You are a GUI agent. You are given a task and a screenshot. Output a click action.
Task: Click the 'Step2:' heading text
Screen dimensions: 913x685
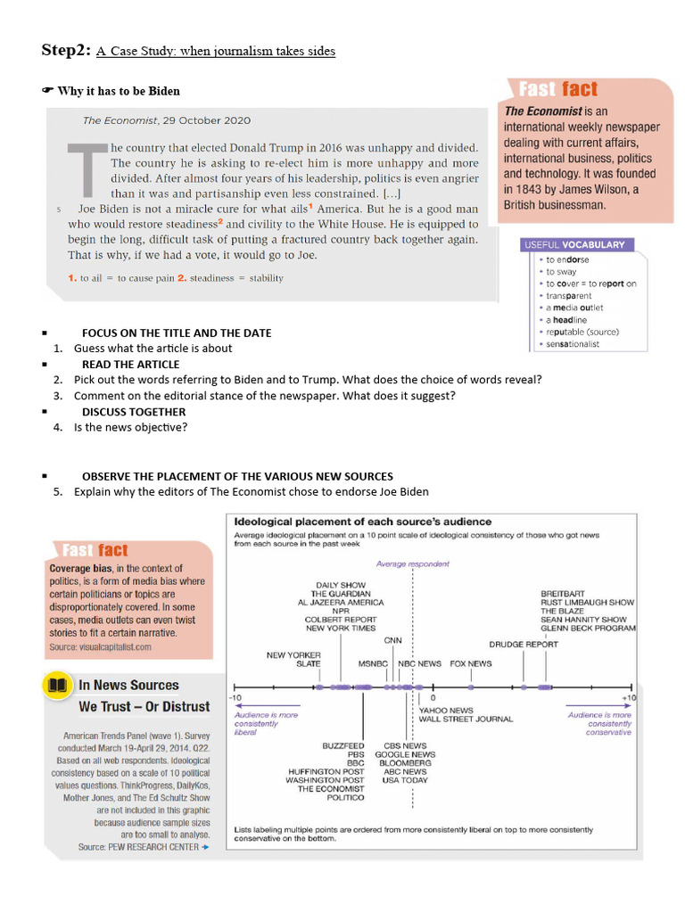pyautogui.click(x=65, y=50)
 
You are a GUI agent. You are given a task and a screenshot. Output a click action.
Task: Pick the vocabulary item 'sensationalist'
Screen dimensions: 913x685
pyautogui.click(x=573, y=344)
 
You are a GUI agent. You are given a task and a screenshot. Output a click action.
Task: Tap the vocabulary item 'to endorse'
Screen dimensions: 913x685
pyautogui.click(x=567, y=259)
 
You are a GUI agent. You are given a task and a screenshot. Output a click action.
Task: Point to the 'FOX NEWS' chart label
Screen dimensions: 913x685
pyautogui.click(x=470, y=663)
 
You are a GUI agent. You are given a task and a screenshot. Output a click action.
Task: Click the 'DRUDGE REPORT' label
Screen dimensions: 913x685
pyautogui.click(x=524, y=644)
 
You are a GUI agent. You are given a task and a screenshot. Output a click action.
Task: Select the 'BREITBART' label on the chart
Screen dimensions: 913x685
pyautogui.click(x=563, y=593)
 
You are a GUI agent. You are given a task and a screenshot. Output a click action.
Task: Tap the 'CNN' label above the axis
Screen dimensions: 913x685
pyautogui.click(x=392, y=640)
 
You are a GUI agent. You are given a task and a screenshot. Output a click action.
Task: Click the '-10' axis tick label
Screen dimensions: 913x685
pyautogui.click(x=235, y=697)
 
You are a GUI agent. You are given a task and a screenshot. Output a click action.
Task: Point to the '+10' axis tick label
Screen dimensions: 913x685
pyautogui.click(x=629, y=697)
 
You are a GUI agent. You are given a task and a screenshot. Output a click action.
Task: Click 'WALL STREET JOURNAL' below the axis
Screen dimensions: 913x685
pyautogui.click(x=466, y=719)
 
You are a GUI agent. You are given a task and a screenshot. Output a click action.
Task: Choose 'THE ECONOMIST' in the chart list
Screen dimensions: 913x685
pyautogui.click(x=331, y=789)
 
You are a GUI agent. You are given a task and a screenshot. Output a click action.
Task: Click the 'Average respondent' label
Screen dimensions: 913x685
pyautogui.click(x=413, y=563)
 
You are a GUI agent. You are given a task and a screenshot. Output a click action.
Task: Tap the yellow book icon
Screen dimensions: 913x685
pyautogui.click(x=58, y=685)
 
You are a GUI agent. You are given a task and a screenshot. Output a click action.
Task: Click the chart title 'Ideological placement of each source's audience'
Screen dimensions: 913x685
pyautogui.click(x=362, y=522)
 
